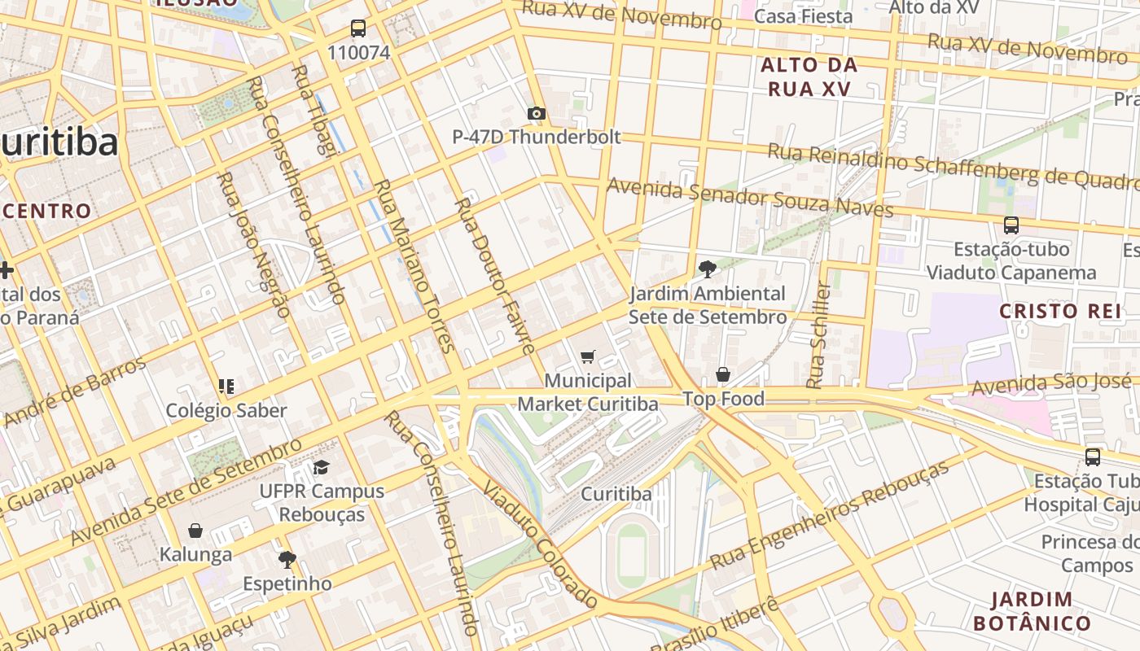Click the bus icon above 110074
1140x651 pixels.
pos(357,28)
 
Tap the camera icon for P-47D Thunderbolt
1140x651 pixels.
pos(536,113)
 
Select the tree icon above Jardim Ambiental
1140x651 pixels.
pos(708,269)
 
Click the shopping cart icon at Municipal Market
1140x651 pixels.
pos(587,356)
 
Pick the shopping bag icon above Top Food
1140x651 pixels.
pos(722,374)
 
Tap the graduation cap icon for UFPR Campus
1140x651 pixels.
pos(321,467)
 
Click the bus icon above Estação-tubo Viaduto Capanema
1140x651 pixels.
pos(1011,225)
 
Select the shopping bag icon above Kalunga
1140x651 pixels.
pos(195,531)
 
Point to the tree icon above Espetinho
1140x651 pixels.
pos(287,559)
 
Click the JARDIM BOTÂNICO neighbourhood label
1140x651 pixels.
pos(1032,612)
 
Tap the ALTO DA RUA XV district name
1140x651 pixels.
pos(809,76)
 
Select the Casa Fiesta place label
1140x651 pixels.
pos(803,16)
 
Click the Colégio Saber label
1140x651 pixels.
pos(226,410)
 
